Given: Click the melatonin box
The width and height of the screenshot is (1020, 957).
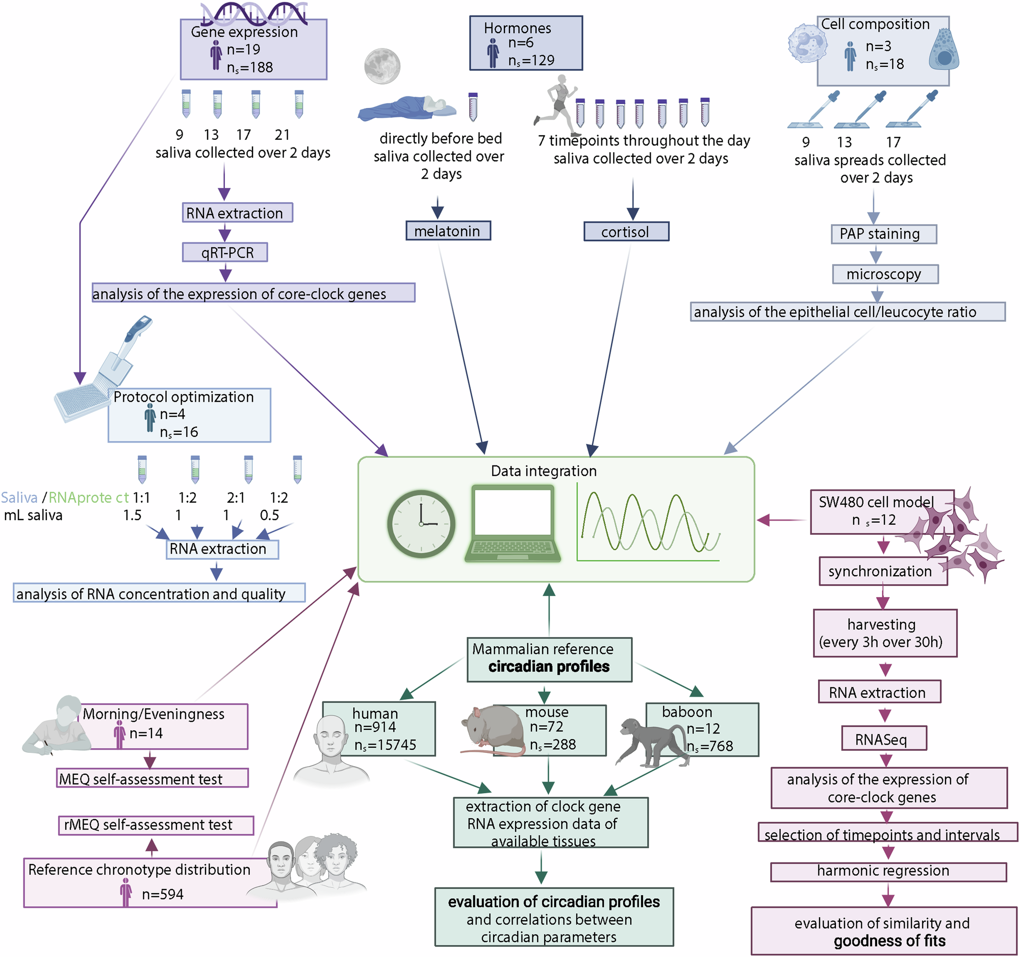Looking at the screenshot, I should pos(448,231).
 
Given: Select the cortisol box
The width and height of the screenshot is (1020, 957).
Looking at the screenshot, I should pos(626,232).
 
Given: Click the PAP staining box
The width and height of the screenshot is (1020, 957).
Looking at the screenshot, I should pos(883,234).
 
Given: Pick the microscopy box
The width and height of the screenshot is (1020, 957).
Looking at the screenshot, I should pos(884,274).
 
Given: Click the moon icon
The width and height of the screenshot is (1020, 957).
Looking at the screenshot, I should pos(381,66).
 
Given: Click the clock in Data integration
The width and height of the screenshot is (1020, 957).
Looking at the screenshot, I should pos(421,524).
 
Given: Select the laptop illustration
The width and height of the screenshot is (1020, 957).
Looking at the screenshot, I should pos(513,524).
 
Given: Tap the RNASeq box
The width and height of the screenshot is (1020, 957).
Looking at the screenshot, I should pos(883,739).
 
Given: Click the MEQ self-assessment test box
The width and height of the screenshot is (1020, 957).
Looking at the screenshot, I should pos(152,778).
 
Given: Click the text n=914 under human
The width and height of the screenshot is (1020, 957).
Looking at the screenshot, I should pos(375,727).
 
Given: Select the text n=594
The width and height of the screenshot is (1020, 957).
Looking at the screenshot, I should pos(163,894).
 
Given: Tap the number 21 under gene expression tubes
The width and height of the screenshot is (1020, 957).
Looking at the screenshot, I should pos(282,135).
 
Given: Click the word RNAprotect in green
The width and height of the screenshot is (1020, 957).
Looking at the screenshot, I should pos(89,498).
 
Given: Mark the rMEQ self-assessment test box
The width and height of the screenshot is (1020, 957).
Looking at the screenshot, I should pos(156,825).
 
